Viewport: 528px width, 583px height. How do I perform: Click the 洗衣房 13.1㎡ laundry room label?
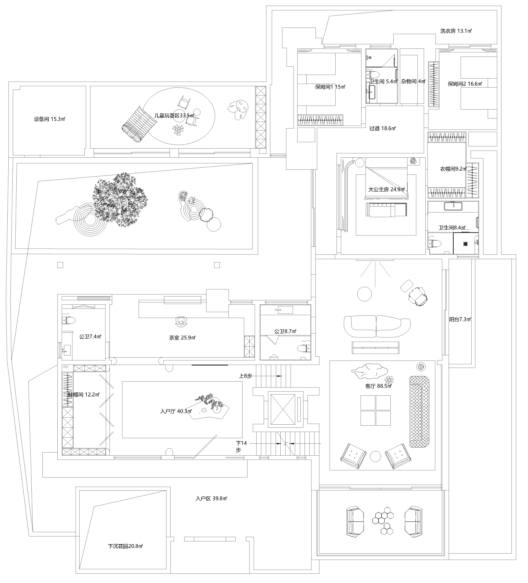(456, 31)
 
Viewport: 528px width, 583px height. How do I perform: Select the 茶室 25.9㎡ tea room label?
(182, 338)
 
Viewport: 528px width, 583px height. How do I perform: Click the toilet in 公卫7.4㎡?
(69, 320)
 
